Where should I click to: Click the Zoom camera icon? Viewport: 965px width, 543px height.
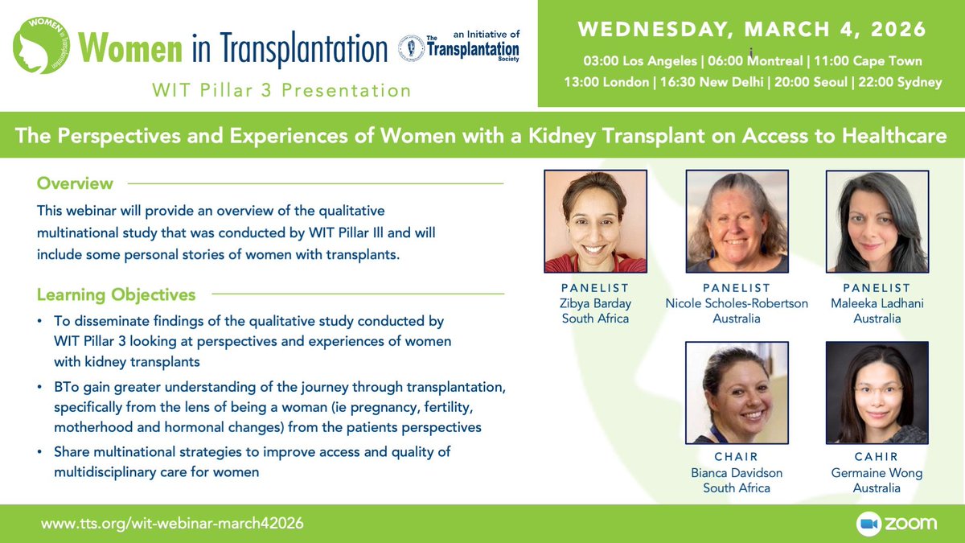tap(869, 523)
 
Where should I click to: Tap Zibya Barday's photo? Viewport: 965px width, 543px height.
tap(596, 221)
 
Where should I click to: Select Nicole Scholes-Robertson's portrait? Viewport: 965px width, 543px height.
tap(737, 221)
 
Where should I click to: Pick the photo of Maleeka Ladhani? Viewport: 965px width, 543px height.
tap(877, 221)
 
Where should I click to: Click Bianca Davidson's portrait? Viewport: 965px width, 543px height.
tap(737, 393)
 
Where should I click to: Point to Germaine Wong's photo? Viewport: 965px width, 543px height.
tap(877, 393)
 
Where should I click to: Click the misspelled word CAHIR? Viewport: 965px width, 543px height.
tap(877, 457)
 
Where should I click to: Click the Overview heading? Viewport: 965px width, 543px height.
tap(75, 183)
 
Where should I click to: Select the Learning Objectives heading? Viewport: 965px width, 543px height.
tap(116, 294)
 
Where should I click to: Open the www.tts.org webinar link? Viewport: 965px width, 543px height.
tap(173, 523)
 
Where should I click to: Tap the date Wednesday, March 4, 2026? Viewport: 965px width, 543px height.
tap(752, 30)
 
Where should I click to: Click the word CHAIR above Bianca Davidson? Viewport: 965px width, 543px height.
tap(737, 457)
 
